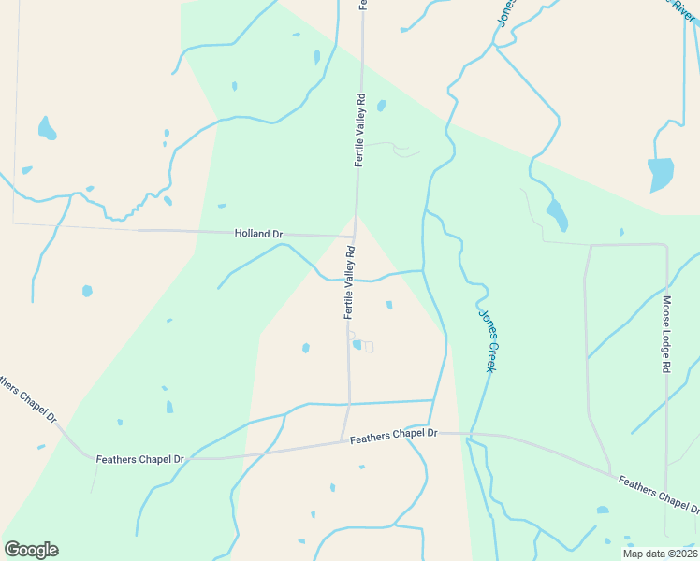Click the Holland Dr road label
(258, 234)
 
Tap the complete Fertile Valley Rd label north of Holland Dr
(358, 130)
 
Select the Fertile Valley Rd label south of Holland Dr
(349, 283)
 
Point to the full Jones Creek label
(487, 340)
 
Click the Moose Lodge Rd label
(667, 337)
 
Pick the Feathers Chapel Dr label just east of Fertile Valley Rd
(394, 436)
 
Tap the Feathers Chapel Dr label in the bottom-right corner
(660, 494)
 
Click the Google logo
(31, 550)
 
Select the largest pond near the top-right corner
(661, 174)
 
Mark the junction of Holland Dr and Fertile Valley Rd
(355, 236)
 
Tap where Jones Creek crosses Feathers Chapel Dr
(470, 435)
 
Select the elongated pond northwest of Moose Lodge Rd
(556, 215)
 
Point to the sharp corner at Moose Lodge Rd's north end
(665, 246)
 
